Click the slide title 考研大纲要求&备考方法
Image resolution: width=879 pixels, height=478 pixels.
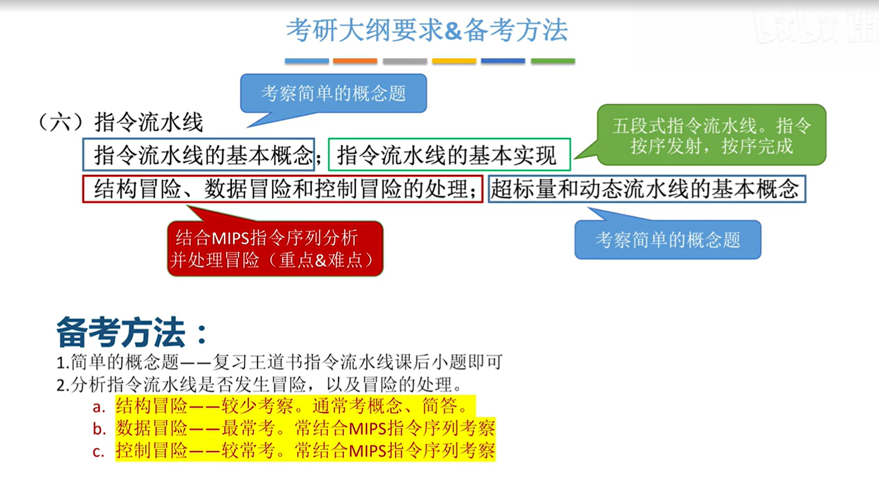[427, 30]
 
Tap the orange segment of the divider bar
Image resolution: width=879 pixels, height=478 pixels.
[355, 61]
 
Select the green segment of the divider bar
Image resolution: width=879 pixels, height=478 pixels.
[553, 61]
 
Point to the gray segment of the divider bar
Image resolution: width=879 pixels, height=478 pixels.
[405, 61]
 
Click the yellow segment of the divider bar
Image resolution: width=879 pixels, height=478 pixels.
[454, 61]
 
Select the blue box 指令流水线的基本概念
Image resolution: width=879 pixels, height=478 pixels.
[198, 154]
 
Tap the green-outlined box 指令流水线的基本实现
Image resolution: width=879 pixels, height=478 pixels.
[449, 154]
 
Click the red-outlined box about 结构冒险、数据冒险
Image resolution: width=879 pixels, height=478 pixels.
[283, 189]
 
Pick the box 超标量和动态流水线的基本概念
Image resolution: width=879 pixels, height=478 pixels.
[647, 189]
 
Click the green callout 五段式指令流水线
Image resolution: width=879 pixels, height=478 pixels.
[711, 135]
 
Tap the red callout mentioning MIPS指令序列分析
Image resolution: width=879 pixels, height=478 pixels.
[275, 248]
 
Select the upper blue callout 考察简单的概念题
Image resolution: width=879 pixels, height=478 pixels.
[334, 94]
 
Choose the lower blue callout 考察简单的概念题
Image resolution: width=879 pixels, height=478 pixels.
[668, 240]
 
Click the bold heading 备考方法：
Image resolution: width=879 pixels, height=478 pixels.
[132, 333]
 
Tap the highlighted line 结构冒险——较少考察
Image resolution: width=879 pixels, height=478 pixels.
[296, 406]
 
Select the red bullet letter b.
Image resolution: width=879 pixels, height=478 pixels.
[99, 429]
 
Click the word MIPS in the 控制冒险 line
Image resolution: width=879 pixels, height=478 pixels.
[367, 451]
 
